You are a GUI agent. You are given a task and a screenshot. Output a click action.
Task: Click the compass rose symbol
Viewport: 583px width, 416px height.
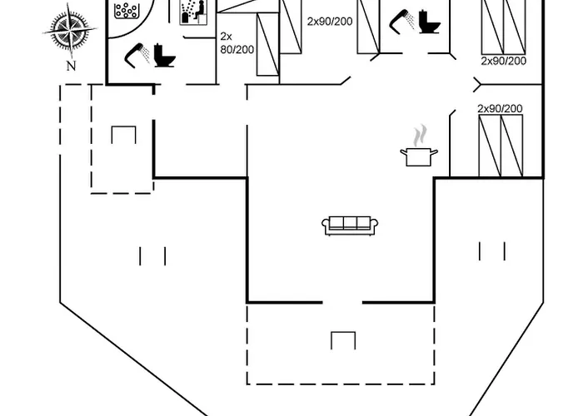click(x=71, y=31)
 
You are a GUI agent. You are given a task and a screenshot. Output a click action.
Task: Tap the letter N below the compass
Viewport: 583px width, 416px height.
click(x=71, y=67)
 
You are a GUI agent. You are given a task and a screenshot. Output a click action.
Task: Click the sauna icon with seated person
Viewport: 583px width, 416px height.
click(x=194, y=12)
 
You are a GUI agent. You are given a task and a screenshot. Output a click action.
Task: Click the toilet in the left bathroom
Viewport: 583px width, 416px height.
click(x=165, y=56)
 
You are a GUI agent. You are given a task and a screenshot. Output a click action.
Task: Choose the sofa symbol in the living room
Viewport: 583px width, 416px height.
click(x=350, y=224)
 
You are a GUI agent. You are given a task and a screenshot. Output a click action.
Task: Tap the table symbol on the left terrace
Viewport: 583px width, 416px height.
click(x=122, y=136)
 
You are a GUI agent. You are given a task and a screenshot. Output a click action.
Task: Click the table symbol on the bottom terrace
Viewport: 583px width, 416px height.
click(x=342, y=340)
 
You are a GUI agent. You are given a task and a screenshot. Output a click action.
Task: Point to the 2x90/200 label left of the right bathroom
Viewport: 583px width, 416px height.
click(x=329, y=21)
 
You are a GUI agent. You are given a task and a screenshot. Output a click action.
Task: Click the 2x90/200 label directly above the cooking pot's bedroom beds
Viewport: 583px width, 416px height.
click(x=500, y=109)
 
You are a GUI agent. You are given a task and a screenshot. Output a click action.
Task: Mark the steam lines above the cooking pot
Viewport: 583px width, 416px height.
click(x=421, y=135)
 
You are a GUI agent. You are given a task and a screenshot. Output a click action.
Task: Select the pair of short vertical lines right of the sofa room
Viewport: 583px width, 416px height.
click(x=491, y=250)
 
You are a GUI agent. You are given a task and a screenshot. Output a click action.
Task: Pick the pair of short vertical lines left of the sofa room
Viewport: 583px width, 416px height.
click(x=152, y=255)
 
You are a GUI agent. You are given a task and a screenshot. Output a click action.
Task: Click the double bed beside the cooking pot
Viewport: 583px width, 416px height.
click(x=501, y=146)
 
